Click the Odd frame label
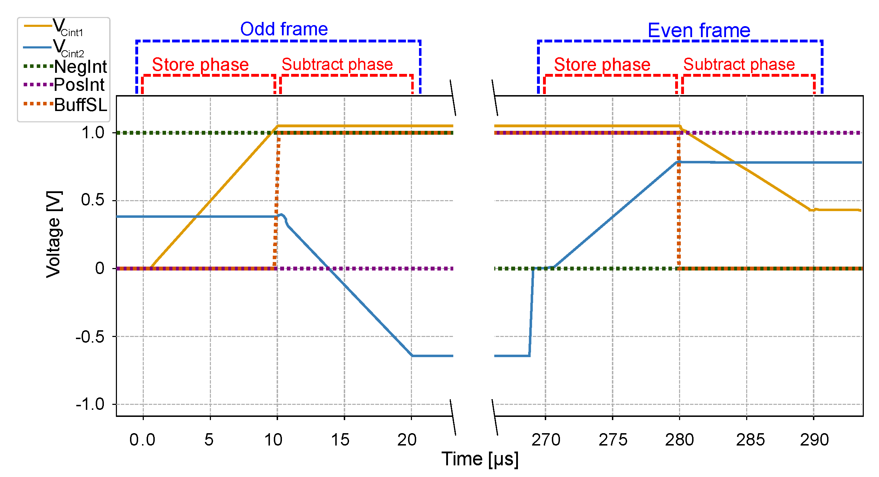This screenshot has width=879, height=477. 284,29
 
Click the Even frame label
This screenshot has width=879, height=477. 698,30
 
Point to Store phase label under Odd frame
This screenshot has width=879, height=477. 200,65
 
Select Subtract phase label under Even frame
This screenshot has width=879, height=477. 739,65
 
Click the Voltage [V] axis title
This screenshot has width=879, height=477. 54,234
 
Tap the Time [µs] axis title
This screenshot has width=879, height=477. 480,459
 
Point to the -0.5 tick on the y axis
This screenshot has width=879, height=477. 90,337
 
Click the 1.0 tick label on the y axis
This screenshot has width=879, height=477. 93,133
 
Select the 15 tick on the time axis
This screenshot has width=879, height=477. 340,440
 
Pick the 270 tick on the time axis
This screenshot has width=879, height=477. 545,440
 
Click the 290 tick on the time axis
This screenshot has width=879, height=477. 814,440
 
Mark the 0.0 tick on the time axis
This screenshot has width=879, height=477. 142,440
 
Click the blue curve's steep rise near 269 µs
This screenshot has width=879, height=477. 531,311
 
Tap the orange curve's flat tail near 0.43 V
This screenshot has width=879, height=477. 837,210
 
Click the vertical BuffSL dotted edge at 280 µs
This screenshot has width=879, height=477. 679,202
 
